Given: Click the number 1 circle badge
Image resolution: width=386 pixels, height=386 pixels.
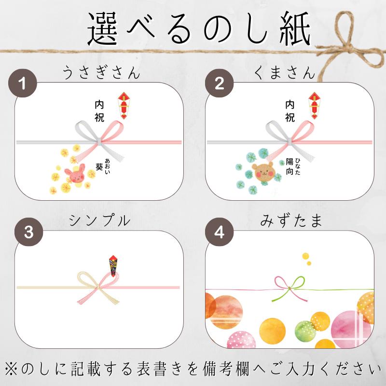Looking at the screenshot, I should pyautogui.click(x=23, y=83).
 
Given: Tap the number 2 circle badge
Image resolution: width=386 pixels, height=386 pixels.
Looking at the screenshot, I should pyautogui.click(x=219, y=83).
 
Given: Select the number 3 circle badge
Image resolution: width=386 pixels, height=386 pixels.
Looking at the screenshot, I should pyautogui.click(x=28, y=233).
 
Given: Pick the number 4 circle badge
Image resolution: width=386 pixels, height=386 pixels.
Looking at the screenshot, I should pyautogui.click(x=219, y=233).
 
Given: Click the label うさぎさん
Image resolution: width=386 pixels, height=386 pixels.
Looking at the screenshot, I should pyautogui.click(x=101, y=73).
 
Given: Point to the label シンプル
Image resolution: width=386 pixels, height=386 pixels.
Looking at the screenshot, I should pyautogui.click(x=99, y=221).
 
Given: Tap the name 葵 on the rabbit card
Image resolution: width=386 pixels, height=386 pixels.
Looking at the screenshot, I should pyautogui.click(x=99, y=166).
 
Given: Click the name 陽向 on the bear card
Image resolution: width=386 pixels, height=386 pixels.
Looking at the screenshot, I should pyautogui.click(x=289, y=166).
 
